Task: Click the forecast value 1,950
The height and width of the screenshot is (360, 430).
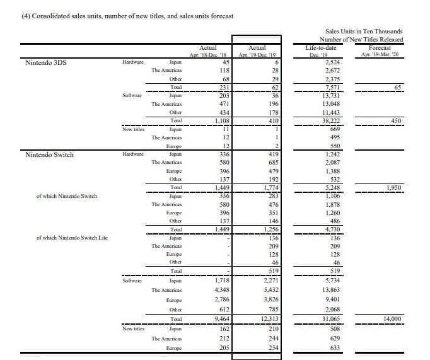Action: click(393, 187)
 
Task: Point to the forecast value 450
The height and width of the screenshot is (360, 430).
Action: click(396, 120)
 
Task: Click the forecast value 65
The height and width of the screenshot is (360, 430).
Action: click(398, 87)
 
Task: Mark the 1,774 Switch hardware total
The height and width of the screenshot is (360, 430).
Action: click(269, 187)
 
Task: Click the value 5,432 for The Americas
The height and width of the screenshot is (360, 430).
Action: click(269, 290)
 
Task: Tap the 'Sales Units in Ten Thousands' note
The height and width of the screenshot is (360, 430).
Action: click(364, 31)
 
